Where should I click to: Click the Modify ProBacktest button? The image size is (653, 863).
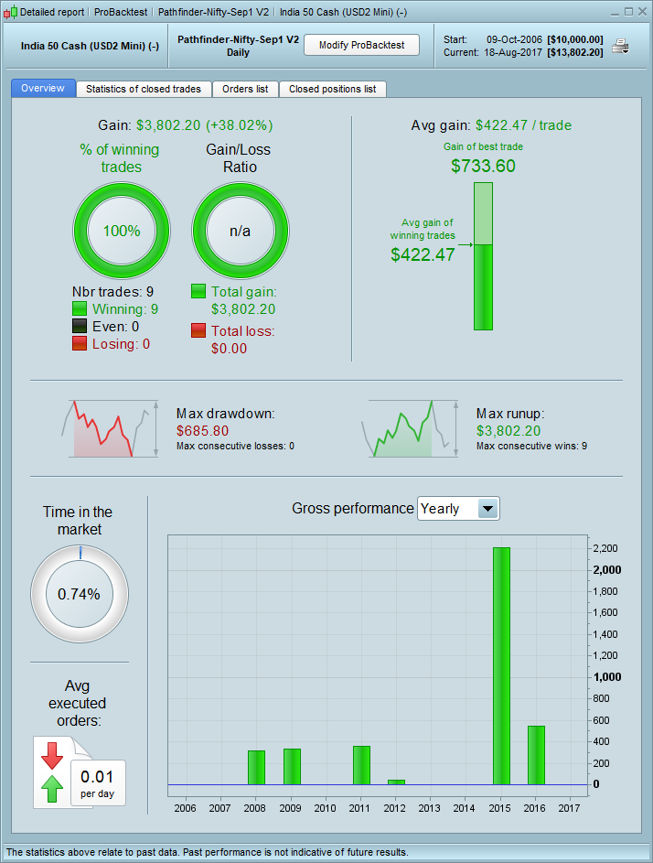click(361, 45)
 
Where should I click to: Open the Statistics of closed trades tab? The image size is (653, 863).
click(145, 89)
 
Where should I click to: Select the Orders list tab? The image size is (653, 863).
click(245, 89)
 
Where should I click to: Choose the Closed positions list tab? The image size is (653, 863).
click(332, 89)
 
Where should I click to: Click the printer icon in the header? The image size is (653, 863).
click(621, 47)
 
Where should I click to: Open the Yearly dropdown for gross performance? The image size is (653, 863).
click(488, 509)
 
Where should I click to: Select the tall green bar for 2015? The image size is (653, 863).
click(501, 665)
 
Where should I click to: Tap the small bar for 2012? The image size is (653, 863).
click(396, 782)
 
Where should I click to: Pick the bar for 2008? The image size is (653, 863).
click(256, 767)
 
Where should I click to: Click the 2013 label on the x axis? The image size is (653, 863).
click(430, 809)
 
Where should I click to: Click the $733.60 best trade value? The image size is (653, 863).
click(483, 166)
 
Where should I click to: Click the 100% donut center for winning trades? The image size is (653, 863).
click(122, 231)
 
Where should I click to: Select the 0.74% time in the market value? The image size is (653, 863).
click(79, 594)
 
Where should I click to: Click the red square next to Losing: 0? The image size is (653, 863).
click(80, 343)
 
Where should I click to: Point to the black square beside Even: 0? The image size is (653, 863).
click(80, 326)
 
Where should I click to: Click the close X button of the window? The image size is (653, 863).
click(641, 12)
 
